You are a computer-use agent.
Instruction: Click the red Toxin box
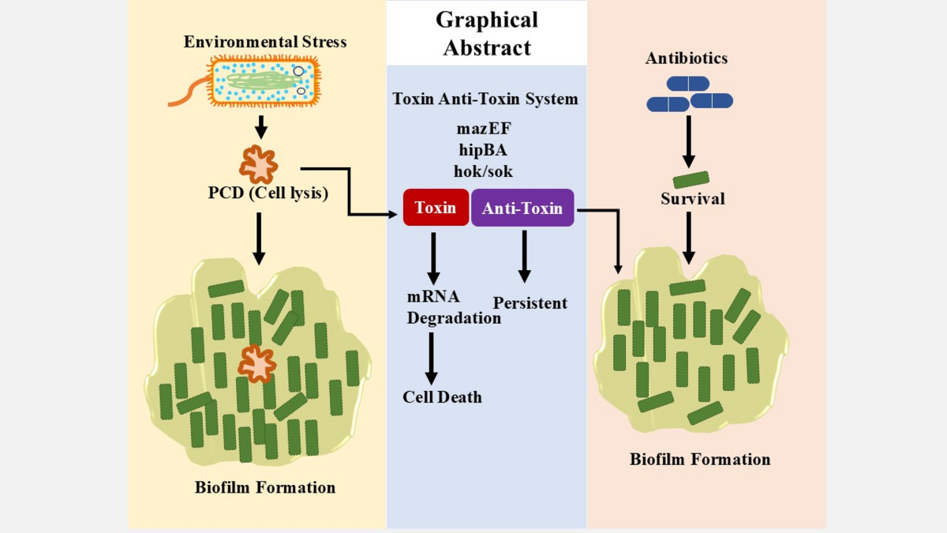pos(436,208)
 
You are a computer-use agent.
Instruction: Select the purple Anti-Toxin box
pos(522,208)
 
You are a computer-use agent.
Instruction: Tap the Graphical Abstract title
pos(487,33)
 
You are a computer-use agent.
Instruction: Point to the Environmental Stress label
pos(265,41)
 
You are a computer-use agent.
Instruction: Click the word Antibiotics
pos(686,58)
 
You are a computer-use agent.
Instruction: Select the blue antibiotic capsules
pos(689,93)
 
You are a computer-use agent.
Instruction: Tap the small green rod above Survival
pos(691,180)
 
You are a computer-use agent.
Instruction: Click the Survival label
pos(692,199)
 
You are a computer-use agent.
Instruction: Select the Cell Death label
pos(442,396)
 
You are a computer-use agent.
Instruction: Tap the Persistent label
pos(530,303)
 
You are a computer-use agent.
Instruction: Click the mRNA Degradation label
pos(453,307)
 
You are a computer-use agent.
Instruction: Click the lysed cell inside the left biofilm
pos(257,363)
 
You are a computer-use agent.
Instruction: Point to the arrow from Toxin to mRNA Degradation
pos(432,257)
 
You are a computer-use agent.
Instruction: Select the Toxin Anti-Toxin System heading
pos(485,99)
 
